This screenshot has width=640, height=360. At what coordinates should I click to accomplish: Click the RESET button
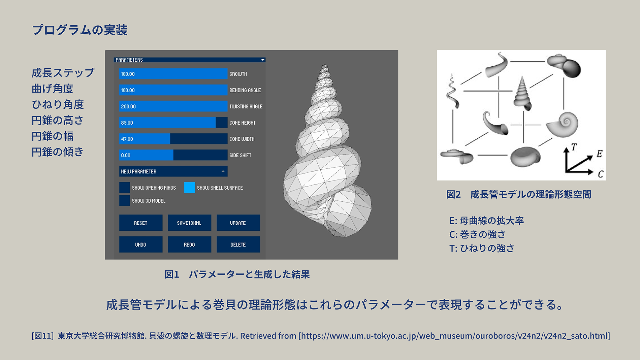(141, 223)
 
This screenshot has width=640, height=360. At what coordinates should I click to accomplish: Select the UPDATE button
(238, 223)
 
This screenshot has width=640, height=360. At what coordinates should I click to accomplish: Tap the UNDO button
(141, 244)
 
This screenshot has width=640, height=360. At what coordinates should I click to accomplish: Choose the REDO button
(189, 244)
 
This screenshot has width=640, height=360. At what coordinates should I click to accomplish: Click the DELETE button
(238, 244)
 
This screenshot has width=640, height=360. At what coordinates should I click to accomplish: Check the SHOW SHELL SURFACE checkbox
(190, 188)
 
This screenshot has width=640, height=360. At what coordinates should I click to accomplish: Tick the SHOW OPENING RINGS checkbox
(125, 188)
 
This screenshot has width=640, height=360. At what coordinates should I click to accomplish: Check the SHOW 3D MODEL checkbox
(125, 200)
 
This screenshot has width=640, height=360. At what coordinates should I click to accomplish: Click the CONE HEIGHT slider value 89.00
(127, 123)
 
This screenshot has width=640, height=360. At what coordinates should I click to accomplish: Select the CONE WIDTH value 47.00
(127, 139)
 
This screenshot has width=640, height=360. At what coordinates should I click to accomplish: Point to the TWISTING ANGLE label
(246, 106)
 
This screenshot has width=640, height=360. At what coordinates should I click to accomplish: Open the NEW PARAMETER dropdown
(173, 171)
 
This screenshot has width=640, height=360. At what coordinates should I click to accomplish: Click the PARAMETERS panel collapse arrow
(262, 60)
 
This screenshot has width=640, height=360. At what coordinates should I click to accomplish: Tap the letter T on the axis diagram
(574, 147)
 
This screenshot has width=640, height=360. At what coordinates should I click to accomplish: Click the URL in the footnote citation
(454, 336)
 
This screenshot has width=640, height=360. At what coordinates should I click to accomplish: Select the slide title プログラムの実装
(80, 30)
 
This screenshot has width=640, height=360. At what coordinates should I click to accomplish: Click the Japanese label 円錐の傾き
(58, 152)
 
